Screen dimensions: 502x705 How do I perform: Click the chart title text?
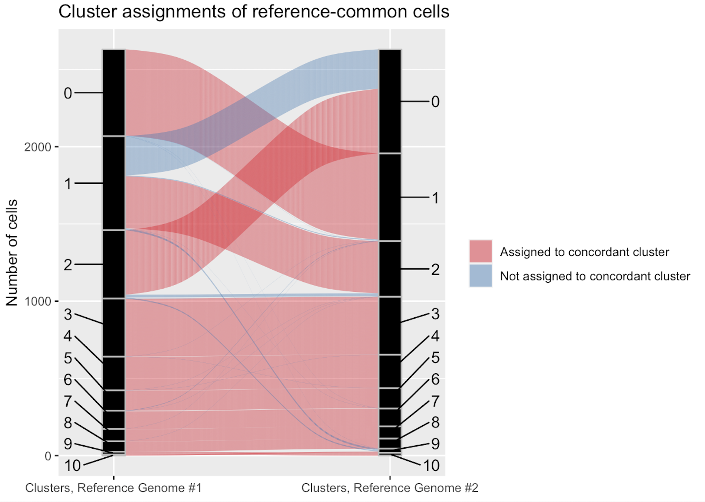[x=254, y=12]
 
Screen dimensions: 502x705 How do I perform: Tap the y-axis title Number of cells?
[x=12, y=253]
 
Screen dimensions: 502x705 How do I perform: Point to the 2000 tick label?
[x=38, y=147]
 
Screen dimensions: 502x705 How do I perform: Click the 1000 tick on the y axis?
[x=38, y=301]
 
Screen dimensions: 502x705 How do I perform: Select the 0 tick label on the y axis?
[x=48, y=456]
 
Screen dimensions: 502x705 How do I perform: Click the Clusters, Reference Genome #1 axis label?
[x=114, y=488]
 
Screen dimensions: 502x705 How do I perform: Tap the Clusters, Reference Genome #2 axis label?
[x=390, y=488]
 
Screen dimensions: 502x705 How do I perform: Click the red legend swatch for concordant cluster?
[x=480, y=251]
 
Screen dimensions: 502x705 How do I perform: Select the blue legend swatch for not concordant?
[x=480, y=276]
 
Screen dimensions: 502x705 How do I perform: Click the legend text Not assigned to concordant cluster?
[x=595, y=276]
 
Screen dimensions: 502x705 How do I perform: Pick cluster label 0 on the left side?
[x=68, y=93]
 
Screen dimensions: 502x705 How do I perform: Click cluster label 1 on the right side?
[x=435, y=198]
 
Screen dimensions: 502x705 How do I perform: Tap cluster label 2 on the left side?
[x=68, y=264]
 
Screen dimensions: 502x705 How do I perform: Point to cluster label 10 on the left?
[x=72, y=466]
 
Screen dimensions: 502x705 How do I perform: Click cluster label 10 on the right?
[x=431, y=466]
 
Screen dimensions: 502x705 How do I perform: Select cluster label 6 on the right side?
[x=435, y=379]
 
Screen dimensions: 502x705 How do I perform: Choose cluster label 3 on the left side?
[x=68, y=314]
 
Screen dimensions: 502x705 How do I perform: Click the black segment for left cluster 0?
[x=114, y=93]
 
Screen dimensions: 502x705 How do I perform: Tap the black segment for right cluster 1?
[x=390, y=197]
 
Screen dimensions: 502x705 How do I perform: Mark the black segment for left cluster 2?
[x=114, y=264]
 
